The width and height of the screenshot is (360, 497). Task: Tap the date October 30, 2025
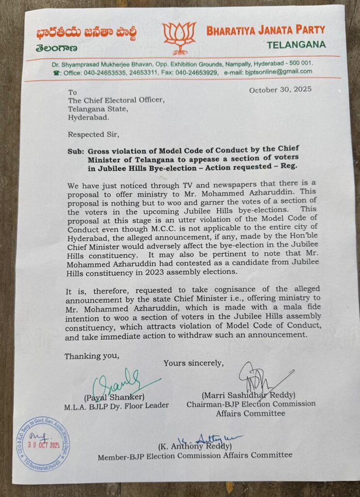pyautogui.click(x=280, y=90)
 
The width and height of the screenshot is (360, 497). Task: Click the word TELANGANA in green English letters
pyautogui.click(x=295, y=45)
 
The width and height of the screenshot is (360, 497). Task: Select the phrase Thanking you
pyautogui.click(x=91, y=356)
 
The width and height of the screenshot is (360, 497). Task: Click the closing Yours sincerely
pyautogui.click(x=193, y=363)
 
